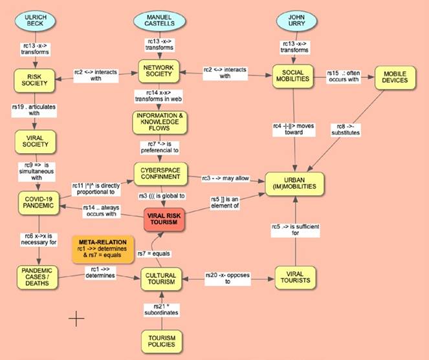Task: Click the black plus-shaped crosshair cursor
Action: click(x=77, y=317)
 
